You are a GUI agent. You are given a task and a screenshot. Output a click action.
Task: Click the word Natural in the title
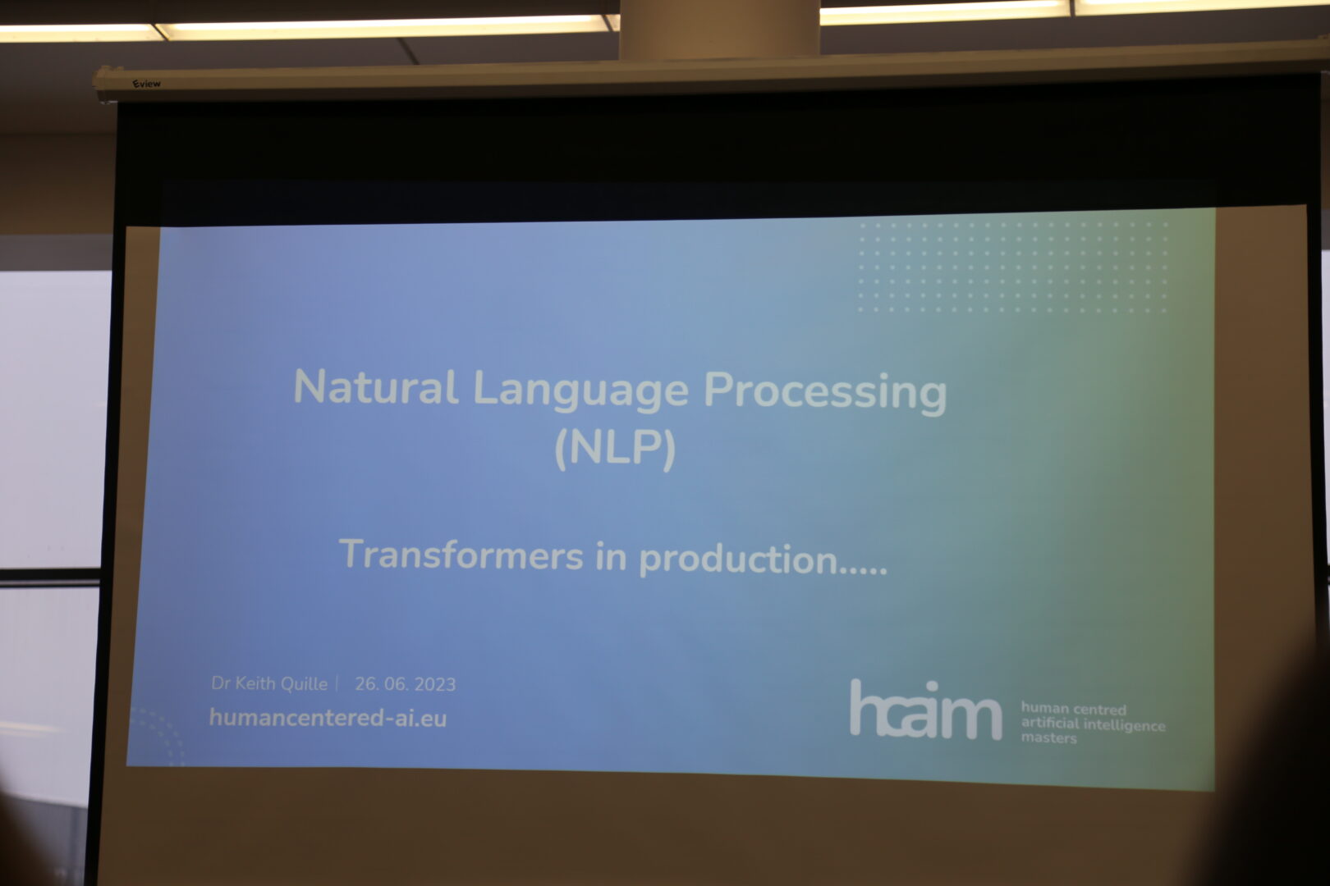pos(376,387)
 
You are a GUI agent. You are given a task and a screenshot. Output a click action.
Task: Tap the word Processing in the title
pos(825,393)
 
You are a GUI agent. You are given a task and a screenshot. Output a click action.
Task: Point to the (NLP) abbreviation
pos(615,448)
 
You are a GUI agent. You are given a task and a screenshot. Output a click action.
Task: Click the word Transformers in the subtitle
pos(461,555)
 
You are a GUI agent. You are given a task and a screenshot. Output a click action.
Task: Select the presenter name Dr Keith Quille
pos(269,683)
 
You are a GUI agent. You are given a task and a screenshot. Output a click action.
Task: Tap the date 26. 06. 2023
pos(405,684)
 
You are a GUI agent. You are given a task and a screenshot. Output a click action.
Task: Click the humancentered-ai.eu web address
pos(328,718)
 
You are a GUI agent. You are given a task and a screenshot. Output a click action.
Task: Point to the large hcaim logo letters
pos(925,710)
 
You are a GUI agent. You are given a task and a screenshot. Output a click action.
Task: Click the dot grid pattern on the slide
pos(1013,267)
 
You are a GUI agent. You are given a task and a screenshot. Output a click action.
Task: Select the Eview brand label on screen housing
pos(146,84)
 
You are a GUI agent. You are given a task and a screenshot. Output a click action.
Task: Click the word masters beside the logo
pos(1048,738)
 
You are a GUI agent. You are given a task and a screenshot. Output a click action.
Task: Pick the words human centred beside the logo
pos(1074,709)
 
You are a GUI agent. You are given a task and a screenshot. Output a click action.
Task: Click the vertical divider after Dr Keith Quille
pos(337,683)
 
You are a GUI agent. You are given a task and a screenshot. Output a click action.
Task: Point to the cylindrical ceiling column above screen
pos(720,30)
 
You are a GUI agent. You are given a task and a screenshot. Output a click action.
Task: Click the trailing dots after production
pos(864,572)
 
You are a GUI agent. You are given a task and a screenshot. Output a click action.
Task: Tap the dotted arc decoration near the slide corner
pos(158,734)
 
